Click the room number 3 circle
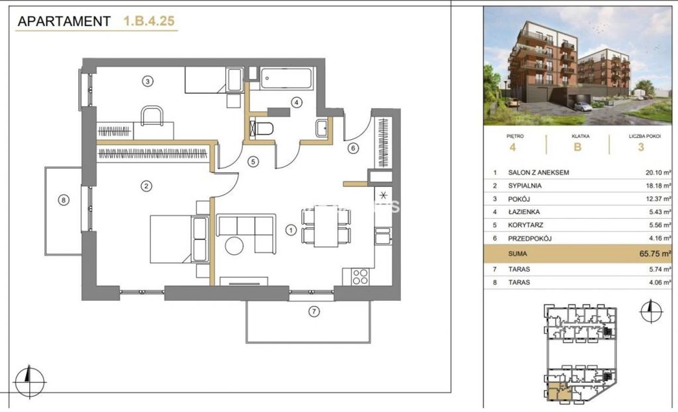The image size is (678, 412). point(147,82)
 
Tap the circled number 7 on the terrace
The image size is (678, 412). point(314,311)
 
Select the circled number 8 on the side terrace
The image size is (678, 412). point(63,200)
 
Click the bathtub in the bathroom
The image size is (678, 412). point(286,78)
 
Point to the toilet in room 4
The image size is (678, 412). point(262,129)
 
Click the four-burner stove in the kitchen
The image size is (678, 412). point(360,277)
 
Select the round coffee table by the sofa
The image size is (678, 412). point(234,246)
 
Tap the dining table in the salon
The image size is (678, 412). point(326,226)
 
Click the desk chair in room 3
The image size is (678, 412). point(152,115)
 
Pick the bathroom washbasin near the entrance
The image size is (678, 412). point(321,128)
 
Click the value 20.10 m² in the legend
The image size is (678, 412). point(658,173)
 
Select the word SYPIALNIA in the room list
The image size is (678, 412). point(524,186)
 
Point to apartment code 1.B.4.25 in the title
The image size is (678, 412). point(149,21)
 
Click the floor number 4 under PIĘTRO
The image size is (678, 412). point(512,147)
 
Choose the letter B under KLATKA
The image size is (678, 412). point(577,147)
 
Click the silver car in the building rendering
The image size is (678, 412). point(583,106)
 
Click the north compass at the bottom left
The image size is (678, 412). point(30,382)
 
